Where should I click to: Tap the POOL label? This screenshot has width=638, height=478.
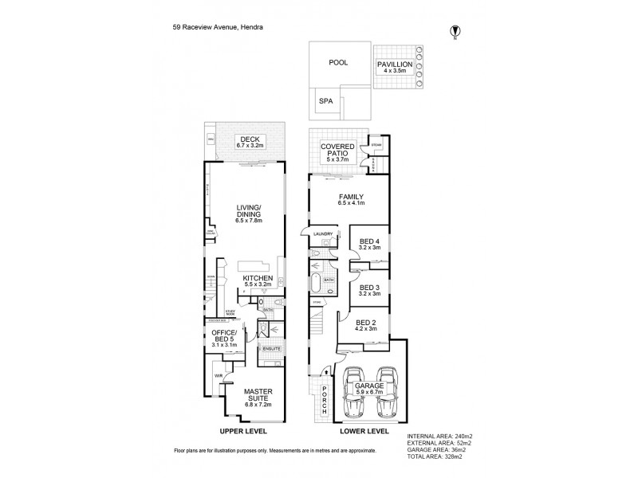tap(338, 63)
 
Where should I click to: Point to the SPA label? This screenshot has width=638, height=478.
tap(325, 101)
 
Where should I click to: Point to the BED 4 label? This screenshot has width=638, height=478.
tap(369, 243)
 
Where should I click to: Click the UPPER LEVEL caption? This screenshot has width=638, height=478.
tap(242, 431)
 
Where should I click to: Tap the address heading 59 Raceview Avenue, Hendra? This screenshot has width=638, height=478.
tap(219, 26)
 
